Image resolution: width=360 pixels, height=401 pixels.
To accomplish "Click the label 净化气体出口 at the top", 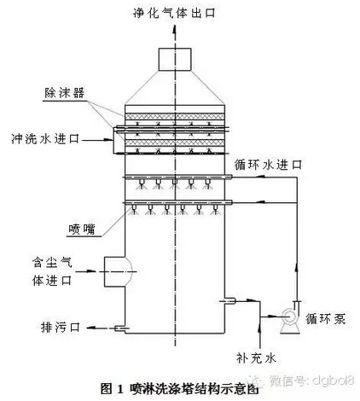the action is pos(174,13).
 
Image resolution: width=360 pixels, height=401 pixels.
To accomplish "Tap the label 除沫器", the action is pos(65,93).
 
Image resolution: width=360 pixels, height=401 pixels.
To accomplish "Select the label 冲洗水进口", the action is pos(45,139).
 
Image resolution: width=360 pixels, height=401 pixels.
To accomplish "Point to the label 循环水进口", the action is pos(268,165).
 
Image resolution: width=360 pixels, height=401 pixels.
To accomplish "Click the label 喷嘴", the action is pos(82,230).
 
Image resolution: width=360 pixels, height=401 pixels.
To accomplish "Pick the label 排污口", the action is pos(61,327).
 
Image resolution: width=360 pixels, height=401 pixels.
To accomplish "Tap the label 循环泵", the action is pos(326,318).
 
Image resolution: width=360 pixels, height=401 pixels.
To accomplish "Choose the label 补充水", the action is pos(256,358).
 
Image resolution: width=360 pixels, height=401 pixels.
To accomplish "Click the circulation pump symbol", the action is pos(290,317).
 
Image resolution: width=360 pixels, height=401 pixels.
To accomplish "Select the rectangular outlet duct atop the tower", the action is pos(174,59).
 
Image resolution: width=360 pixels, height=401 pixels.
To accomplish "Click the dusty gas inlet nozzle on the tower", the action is pos(118,271).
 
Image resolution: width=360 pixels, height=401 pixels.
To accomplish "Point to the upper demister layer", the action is pos(175,117).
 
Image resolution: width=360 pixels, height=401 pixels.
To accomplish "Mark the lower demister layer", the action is pos(175,142).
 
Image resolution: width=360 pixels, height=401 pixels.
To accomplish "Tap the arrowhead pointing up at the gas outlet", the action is pos(175,30).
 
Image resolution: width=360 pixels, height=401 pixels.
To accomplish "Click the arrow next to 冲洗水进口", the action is pos(96,139).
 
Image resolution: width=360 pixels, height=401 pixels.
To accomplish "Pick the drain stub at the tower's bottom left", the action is pos(122,328).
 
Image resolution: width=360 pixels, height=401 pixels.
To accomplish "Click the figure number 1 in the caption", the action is pos(120,389).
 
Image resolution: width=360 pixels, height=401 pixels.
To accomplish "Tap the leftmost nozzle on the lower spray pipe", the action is pos(134,209).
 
